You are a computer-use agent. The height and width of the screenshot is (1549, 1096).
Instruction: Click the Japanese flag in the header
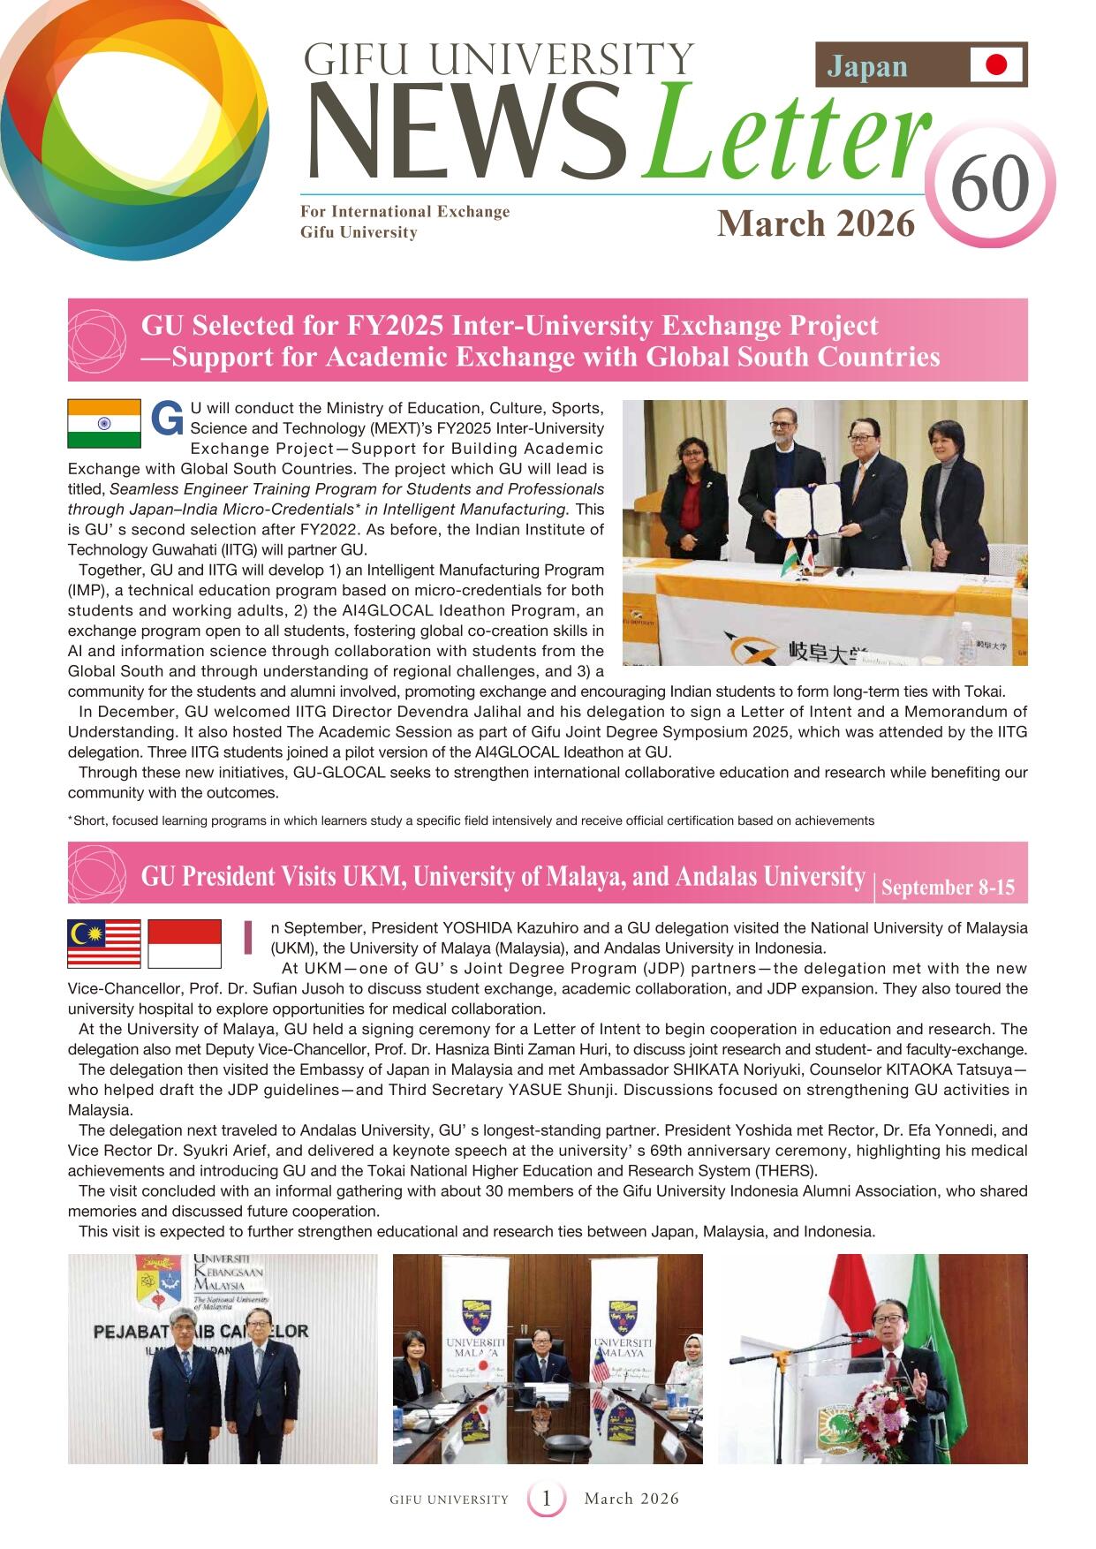(x=996, y=64)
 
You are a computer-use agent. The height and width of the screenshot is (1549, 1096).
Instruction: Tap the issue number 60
(x=989, y=185)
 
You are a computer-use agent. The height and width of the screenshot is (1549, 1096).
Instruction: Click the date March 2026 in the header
(x=815, y=223)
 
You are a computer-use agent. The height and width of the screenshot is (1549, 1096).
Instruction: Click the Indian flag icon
(x=104, y=424)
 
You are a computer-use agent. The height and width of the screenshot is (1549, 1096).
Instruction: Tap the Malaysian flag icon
(x=104, y=943)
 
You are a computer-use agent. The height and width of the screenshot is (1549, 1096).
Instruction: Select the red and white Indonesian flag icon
(x=184, y=943)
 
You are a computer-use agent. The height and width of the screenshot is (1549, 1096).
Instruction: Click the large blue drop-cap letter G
(x=167, y=419)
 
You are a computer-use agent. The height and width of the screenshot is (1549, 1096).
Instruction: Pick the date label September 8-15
(x=948, y=888)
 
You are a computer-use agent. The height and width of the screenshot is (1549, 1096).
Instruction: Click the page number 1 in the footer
(x=547, y=1499)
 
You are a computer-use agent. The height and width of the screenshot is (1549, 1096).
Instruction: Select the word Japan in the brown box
(x=867, y=66)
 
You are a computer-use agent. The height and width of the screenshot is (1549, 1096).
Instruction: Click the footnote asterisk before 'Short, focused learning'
(x=71, y=820)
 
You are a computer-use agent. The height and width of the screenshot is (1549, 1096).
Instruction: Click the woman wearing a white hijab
(x=684, y=1360)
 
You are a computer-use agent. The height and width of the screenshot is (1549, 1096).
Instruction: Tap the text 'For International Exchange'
(x=404, y=212)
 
